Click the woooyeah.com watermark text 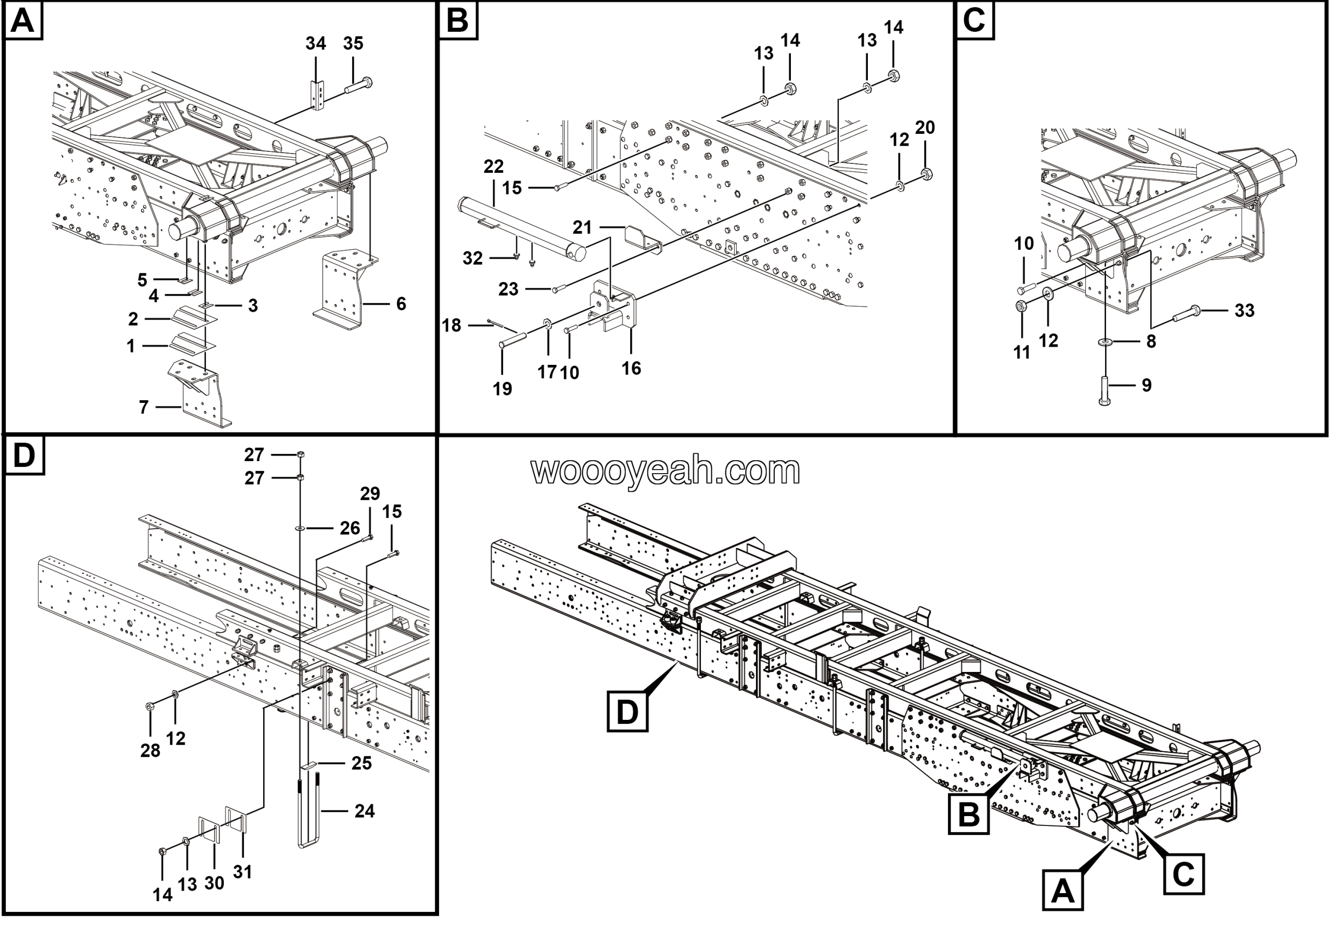pos(665,470)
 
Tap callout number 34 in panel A pos(316,44)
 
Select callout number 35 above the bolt pos(353,44)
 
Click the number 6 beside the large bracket pos(401,303)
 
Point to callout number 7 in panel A pos(144,408)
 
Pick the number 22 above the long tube pos(493,167)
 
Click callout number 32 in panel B pos(472,258)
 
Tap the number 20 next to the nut pos(925,128)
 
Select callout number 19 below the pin pos(503,389)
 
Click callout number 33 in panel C pos(1245,310)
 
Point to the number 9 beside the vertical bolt pos(1146,385)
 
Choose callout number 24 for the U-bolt pos(364,811)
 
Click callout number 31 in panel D pos(242,872)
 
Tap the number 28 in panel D pos(150,751)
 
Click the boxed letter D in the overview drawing pos(626,712)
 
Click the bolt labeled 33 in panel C pos(1187,314)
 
